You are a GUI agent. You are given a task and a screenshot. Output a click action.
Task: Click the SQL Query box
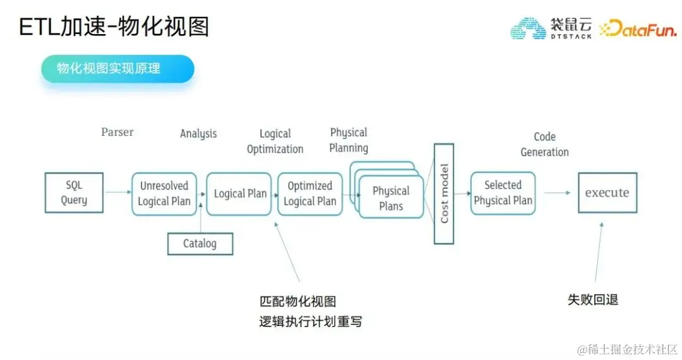pyautogui.click(x=74, y=193)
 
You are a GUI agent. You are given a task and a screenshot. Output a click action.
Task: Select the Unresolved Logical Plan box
pyautogui.click(x=164, y=193)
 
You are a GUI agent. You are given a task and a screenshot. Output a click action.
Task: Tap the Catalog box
pyautogui.click(x=200, y=244)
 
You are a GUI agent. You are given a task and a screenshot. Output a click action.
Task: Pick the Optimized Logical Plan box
pyautogui.click(x=309, y=193)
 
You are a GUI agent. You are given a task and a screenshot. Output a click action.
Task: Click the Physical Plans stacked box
pyautogui.click(x=391, y=198)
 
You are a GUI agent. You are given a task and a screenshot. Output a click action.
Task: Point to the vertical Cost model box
pyautogui.click(x=444, y=193)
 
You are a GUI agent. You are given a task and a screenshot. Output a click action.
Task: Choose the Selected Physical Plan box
pyautogui.click(x=503, y=193)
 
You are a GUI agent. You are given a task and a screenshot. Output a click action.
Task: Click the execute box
pyautogui.click(x=607, y=193)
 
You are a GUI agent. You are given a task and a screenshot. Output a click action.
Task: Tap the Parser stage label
pyautogui.click(x=117, y=133)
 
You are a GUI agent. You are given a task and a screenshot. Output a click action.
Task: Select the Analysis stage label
pyautogui.click(x=198, y=133)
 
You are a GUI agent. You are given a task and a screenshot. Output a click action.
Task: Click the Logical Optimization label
pyautogui.click(x=275, y=141)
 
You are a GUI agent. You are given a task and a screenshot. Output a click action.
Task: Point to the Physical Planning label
pyautogui.click(x=349, y=140)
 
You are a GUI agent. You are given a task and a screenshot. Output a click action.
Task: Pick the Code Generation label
pyautogui.click(x=544, y=144)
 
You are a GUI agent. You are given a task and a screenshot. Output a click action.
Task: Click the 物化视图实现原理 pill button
pyautogui.click(x=117, y=69)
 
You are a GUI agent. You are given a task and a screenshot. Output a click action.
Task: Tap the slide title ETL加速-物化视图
pyautogui.click(x=114, y=27)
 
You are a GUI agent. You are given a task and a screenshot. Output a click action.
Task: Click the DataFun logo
pyautogui.click(x=638, y=28)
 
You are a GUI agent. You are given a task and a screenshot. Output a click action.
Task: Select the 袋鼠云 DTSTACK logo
pyautogui.click(x=551, y=28)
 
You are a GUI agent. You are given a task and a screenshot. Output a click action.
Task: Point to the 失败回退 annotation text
pyautogui.click(x=593, y=299)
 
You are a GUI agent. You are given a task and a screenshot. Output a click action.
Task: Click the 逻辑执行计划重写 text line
pyautogui.click(x=311, y=321)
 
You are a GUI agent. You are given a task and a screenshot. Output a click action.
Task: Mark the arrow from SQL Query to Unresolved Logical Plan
pyautogui.click(x=117, y=193)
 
